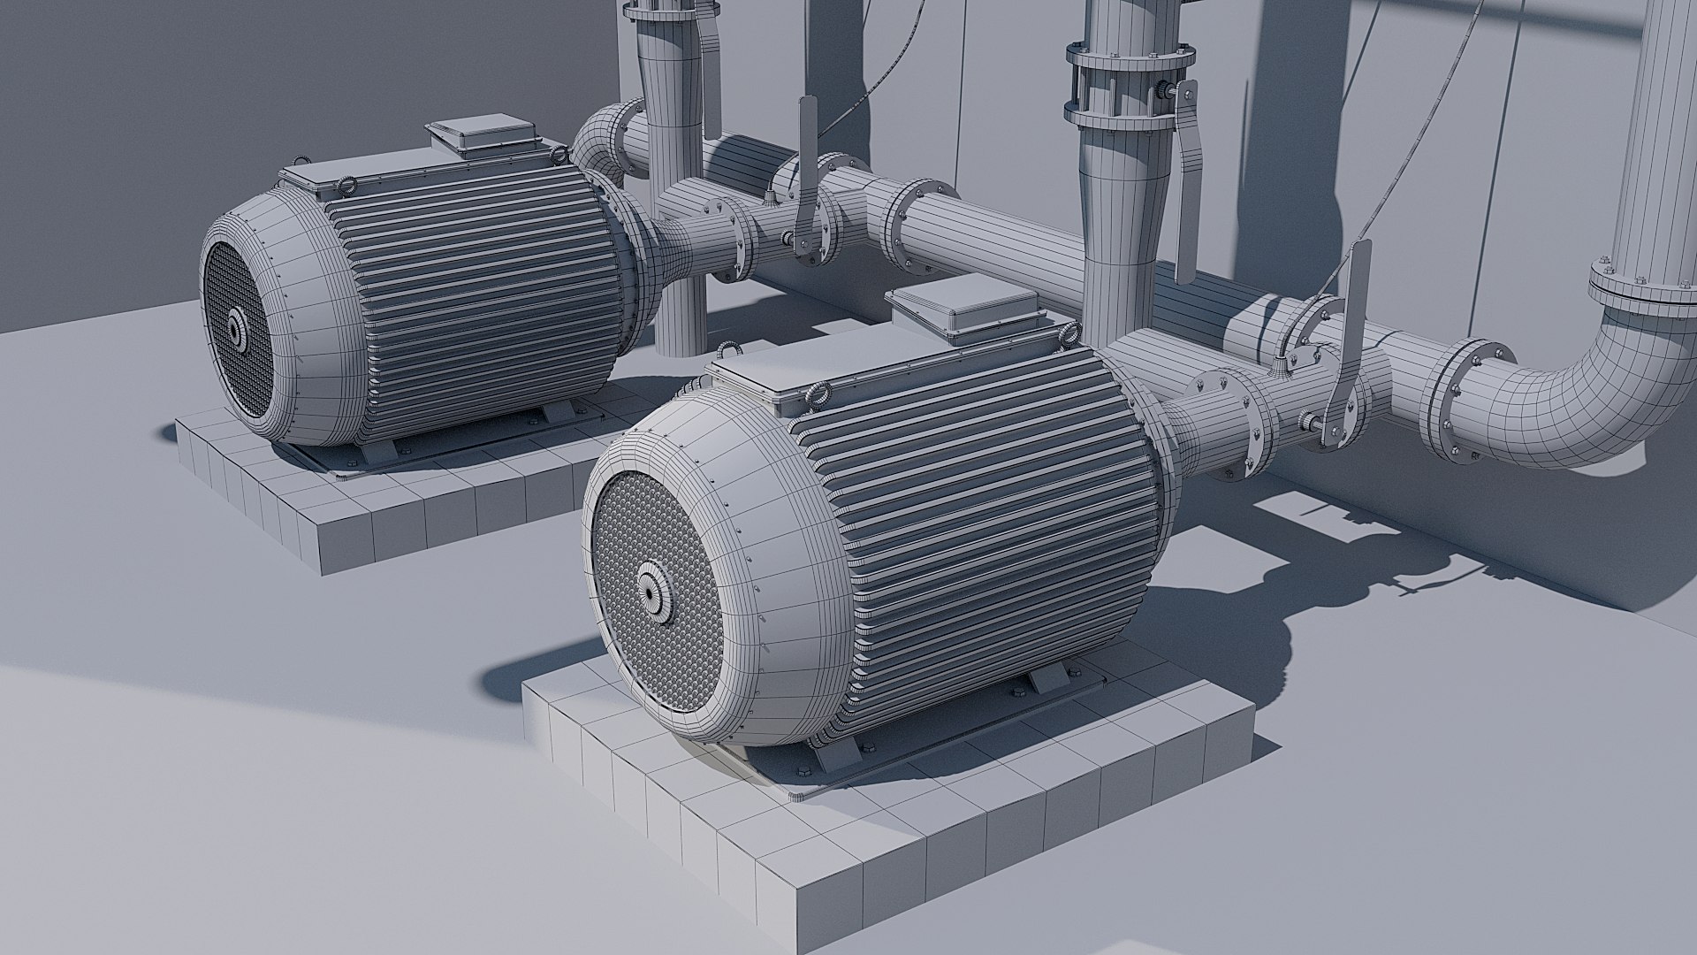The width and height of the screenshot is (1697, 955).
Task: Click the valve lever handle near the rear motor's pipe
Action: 805,177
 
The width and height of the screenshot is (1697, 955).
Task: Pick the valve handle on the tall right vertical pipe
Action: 1184,133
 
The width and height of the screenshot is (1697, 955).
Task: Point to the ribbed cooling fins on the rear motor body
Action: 477,265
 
